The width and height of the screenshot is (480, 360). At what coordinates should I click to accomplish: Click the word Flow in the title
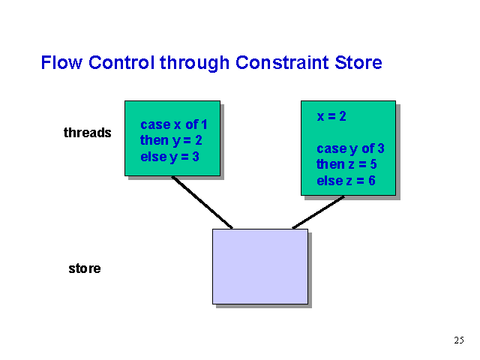[61, 62]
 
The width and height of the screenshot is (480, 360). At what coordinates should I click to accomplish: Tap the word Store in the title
[358, 62]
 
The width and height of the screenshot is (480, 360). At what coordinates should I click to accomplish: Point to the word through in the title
[195, 63]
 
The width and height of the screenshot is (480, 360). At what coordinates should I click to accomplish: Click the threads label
[88, 133]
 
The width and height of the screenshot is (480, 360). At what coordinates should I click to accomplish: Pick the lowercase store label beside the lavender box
[85, 268]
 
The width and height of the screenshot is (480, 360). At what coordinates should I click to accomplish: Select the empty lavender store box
[260, 266]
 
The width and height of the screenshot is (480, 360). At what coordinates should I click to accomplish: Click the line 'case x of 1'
[174, 124]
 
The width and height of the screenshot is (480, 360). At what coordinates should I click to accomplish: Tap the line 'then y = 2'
[171, 141]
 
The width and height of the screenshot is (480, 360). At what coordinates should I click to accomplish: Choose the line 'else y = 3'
[170, 157]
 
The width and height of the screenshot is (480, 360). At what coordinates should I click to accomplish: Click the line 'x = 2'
[331, 116]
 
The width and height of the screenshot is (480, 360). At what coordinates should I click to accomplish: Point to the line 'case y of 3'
[350, 148]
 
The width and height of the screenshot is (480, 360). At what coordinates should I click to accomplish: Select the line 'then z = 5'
[346, 164]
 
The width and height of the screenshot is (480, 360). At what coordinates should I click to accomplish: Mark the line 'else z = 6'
[346, 181]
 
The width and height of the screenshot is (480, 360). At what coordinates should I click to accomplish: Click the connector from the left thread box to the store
[202, 202]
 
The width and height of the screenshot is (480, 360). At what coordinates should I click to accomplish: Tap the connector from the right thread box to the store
[318, 212]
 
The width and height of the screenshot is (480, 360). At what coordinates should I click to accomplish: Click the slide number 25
[459, 340]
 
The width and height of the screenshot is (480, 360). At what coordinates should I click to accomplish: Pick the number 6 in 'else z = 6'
[372, 181]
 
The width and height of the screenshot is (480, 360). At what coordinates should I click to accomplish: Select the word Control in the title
[121, 62]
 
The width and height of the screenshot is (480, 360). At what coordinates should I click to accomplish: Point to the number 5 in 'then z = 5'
[373, 164]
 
